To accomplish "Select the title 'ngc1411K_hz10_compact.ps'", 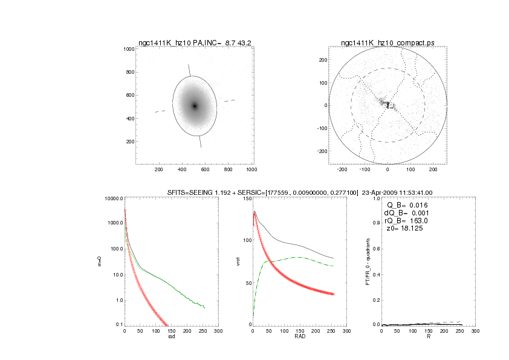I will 387,42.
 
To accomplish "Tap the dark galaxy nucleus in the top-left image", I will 195,106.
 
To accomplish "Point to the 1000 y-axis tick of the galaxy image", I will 128,49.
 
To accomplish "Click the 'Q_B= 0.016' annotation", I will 411,206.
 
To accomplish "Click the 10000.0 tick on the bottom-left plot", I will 112,199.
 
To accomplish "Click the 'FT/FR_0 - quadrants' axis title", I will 368,261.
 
